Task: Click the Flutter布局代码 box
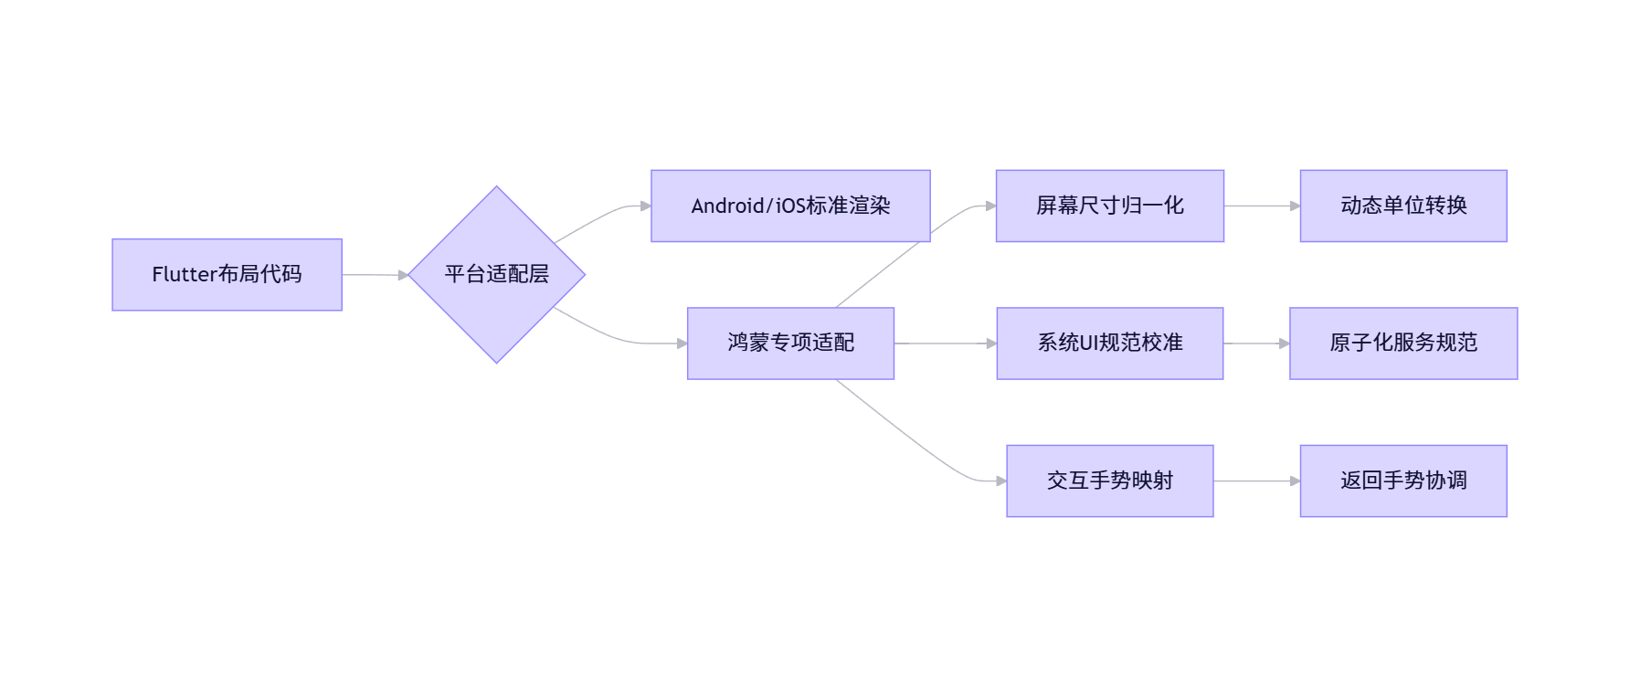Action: coord(227,275)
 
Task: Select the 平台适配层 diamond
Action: coord(496,275)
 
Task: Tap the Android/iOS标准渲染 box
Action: coord(790,206)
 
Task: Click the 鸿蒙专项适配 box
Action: coord(790,343)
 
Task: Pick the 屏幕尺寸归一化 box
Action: coord(1109,206)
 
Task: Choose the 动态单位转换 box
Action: coord(1402,206)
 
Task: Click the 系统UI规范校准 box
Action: coord(1109,343)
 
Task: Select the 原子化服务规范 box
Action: coord(1402,343)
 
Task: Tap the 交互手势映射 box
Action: coord(1109,481)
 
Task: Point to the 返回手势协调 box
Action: coord(1402,481)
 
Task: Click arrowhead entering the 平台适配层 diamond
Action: coord(403,275)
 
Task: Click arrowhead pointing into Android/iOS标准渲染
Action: coord(646,206)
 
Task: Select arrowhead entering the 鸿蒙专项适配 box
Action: coord(683,343)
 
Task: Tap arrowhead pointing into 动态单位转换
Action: coord(1295,206)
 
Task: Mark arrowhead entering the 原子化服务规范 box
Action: coord(1284,343)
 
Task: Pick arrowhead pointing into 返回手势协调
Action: coord(1295,481)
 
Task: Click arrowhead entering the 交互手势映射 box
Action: coord(1001,481)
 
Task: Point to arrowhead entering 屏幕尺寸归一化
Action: coord(990,206)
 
